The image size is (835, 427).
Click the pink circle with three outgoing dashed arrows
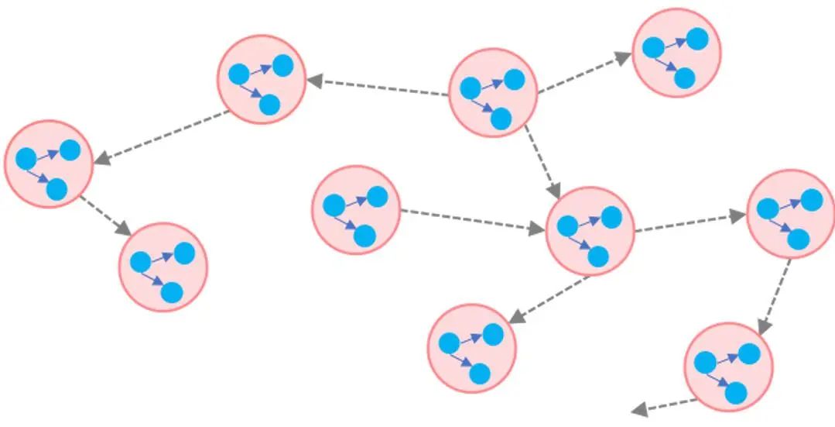(492, 92)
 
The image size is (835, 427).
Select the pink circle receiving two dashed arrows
(590, 230)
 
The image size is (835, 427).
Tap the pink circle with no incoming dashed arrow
(356, 209)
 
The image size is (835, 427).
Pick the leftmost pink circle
(49, 164)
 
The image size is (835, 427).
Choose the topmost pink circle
(676, 53)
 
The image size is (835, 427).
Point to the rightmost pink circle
(790, 213)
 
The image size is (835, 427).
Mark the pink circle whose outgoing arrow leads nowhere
(728, 367)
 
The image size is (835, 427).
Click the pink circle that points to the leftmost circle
(262, 79)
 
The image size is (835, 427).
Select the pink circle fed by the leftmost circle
(163, 267)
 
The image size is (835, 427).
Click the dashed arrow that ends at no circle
(666, 405)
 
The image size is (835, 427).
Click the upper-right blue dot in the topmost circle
(697, 38)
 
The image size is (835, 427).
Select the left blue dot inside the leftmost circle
(26, 159)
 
